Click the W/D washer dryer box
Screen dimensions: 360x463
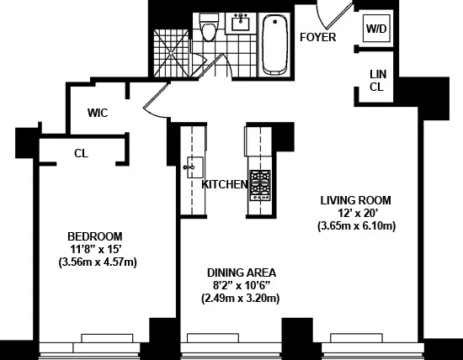[x=375, y=28]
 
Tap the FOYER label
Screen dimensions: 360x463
[x=317, y=38]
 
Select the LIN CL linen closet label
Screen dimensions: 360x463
[x=378, y=80]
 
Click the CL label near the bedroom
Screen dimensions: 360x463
[x=81, y=153]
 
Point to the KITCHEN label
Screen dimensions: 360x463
[x=224, y=184]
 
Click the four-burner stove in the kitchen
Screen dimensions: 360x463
[x=259, y=182]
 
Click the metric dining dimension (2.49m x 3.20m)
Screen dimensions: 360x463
[x=240, y=298]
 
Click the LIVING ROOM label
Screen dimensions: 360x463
[x=356, y=200]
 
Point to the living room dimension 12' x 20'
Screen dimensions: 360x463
[x=356, y=213]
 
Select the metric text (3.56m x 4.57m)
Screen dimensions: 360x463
[x=98, y=262]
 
